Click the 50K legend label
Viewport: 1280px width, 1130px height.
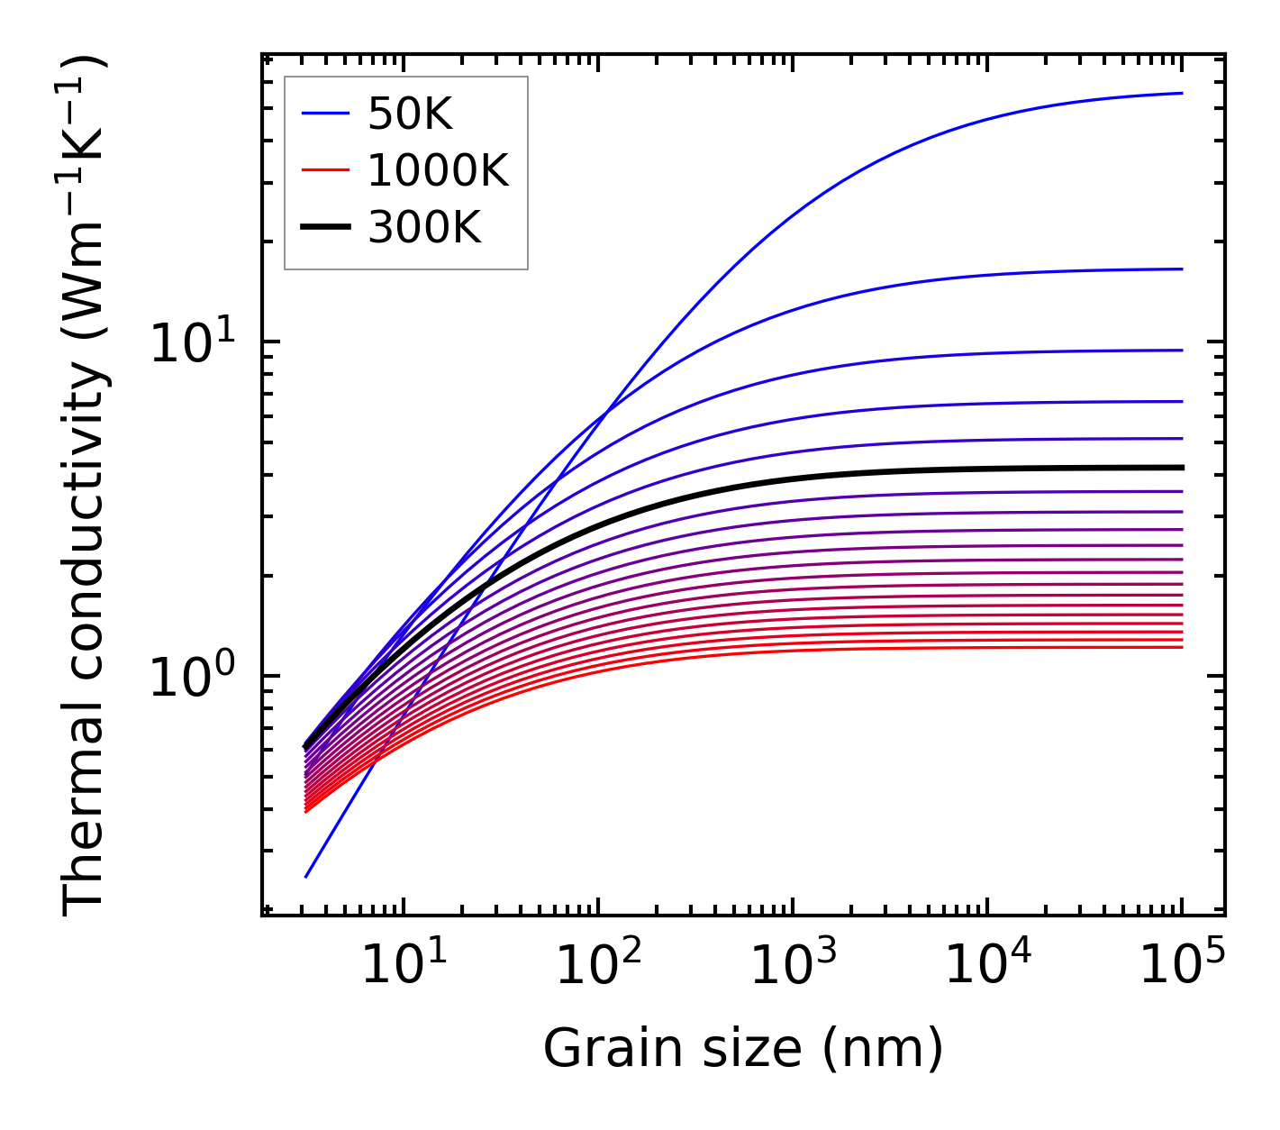[x=410, y=114]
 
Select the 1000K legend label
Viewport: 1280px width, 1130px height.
[x=438, y=170]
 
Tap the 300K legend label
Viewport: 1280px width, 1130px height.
[x=424, y=228]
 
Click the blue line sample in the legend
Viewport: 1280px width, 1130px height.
[x=324, y=114]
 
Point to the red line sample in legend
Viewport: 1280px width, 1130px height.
[x=324, y=170]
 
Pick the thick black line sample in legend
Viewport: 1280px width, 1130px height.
[x=324, y=228]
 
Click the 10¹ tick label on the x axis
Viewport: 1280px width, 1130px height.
[x=404, y=967]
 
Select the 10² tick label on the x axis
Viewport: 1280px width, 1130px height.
[x=598, y=967]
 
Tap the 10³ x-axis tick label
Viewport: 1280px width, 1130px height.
[x=793, y=967]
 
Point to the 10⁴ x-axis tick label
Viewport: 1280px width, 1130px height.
[x=987, y=967]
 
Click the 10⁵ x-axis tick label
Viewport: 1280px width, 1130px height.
[x=1182, y=967]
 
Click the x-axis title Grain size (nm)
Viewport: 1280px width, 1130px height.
[x=743, y=1049]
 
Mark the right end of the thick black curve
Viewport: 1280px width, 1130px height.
[x=1181, y=468]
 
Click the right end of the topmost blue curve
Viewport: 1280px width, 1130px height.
[x=1181, y=93]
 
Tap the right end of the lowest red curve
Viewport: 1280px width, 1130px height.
[x=1181, y=647]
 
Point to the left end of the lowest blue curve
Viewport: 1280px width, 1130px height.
[x=306, y=876]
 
